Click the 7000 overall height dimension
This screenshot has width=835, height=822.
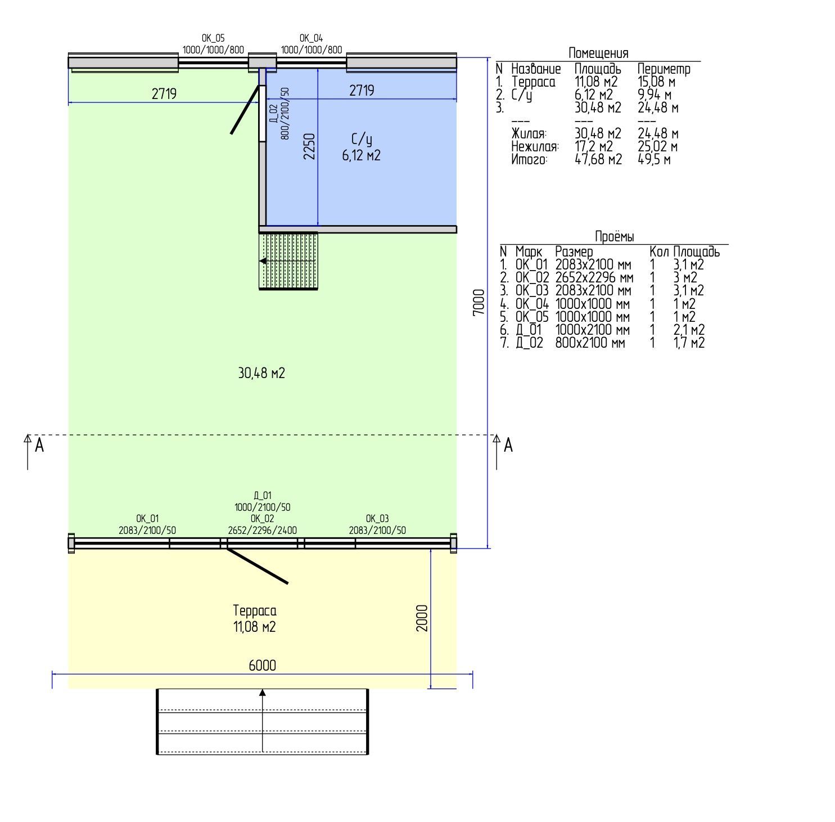[478, 302]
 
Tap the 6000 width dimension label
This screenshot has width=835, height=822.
[262, 665]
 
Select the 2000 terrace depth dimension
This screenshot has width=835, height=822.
[422, 618]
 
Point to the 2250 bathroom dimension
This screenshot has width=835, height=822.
[309, 146]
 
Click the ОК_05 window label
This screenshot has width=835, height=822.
[213, 38]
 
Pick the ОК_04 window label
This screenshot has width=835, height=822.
[311, 38]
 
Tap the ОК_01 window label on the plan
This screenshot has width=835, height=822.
[147, 518]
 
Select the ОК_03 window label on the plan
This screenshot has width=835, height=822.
[377, 518]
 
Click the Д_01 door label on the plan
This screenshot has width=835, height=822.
[263, 496]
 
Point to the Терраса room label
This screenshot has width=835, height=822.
[255, 610]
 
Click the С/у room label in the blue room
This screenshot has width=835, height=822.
[362, 140]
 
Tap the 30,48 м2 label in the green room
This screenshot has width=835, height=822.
[261, 373]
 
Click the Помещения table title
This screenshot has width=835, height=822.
[598, 53]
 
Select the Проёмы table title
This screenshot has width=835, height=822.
[615, 236]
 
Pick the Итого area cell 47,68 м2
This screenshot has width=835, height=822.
[598, 159]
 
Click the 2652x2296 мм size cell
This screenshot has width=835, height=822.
[594, 277]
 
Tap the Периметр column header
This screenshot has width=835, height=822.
[664, 69]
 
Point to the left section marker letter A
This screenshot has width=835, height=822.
[39, 446]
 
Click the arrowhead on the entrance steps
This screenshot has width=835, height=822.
[262, 693]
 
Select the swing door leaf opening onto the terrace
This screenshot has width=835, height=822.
[257, 565]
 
